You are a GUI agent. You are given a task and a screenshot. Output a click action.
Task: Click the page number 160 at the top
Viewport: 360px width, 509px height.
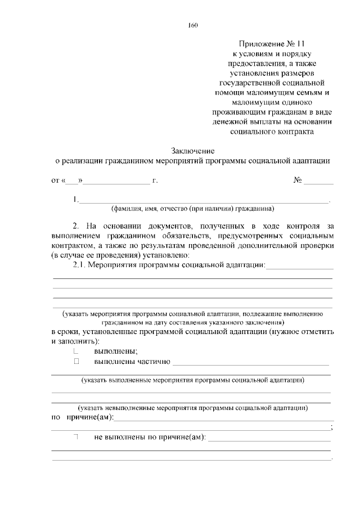(x=192, y=25)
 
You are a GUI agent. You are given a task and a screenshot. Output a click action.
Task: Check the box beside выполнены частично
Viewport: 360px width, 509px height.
(x=76, y=362)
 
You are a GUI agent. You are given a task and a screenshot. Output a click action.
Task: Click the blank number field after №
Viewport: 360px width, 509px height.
(x=319, y=181)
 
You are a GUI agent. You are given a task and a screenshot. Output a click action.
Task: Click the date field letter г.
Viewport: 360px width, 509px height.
(x=155, y=181)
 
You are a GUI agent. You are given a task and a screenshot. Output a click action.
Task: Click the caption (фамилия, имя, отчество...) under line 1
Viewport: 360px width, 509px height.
(x=192, y=208)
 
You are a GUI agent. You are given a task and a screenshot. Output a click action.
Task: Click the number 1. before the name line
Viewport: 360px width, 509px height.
(x=75, y=199)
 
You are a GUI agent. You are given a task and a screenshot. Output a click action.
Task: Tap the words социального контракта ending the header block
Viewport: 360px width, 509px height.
(x=272, y=132)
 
